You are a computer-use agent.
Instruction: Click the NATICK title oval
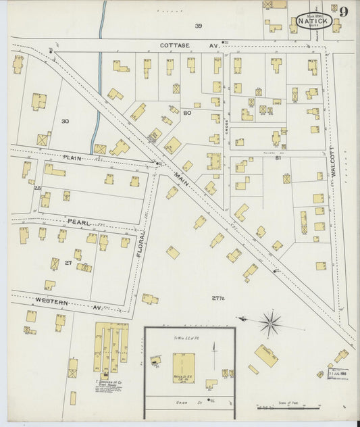(x=311, y=20)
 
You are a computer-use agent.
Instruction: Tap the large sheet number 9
(x=344, y=11)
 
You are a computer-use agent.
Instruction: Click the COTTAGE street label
(x=175, y=46)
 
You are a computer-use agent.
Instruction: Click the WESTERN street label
(x=51, y=301)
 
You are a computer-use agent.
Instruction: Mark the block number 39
(x=199, y=26)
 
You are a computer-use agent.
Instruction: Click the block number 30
(x=65, y=122)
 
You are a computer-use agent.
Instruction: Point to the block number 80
(x=187, y=113)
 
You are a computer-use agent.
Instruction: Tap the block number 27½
(x=217, y=298)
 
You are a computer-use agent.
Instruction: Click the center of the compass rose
(x=270, y=322)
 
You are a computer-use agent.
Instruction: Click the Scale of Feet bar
(x=280, y=407)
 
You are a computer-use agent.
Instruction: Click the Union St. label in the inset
(x=201, y=403)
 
